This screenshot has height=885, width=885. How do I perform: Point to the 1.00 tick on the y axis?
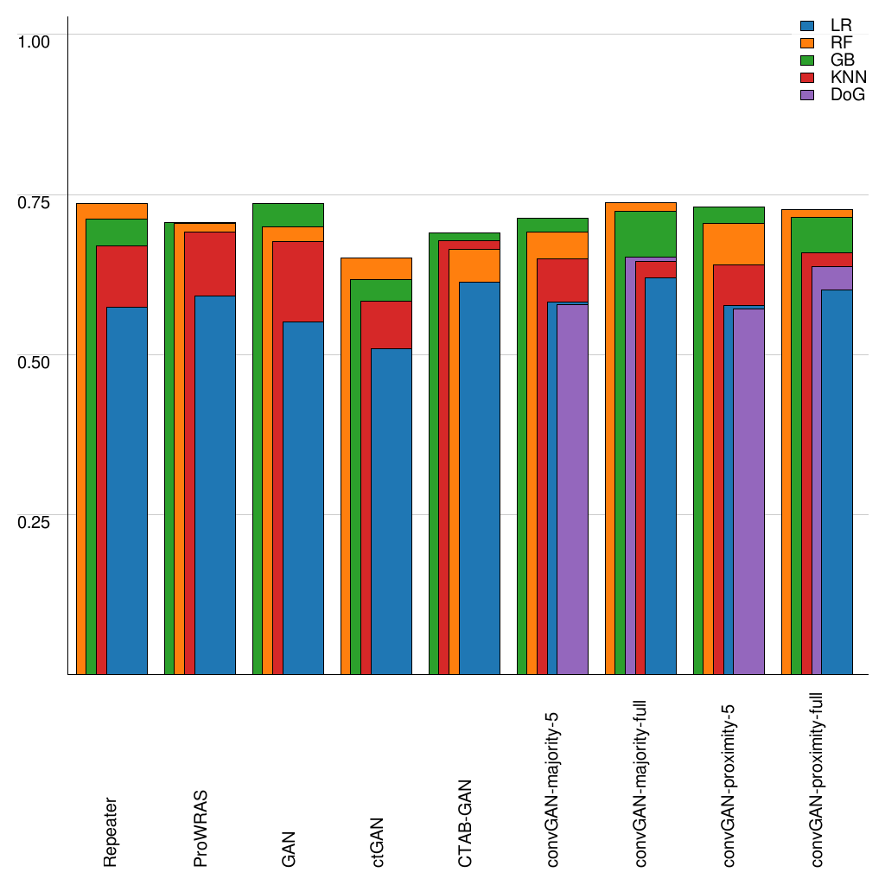(35, 41)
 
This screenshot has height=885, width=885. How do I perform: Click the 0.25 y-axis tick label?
(35, 522)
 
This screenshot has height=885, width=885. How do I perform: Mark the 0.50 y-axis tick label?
(35, 361)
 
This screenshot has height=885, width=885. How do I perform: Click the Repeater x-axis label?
(111, 832)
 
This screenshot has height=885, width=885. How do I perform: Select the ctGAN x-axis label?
(378, 843)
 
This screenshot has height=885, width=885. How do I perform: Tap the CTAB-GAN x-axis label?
(465, 822)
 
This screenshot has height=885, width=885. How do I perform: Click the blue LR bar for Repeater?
(127, 491)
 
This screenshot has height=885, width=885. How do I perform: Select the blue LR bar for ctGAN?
(392, 512)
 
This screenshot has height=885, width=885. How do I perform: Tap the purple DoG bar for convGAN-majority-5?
(572, 489)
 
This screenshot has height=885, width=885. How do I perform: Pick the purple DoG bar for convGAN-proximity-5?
(749, 491)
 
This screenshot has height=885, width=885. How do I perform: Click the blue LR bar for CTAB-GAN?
(480, 478)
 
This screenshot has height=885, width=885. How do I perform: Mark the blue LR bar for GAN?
(303, 498)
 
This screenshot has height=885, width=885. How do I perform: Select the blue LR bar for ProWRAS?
(215, 485)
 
